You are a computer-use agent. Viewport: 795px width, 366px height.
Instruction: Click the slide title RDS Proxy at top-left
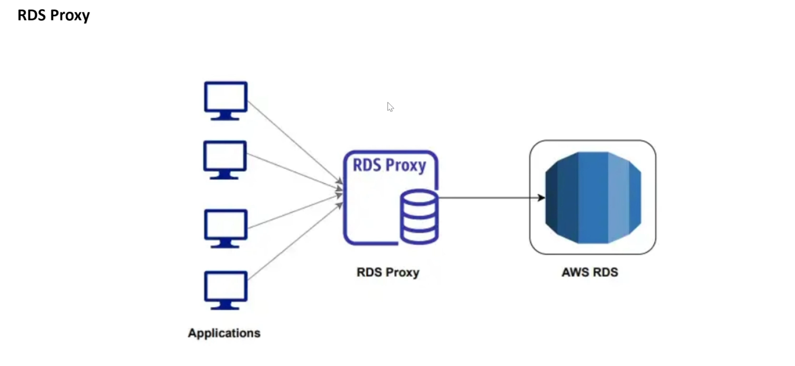coord(54,15)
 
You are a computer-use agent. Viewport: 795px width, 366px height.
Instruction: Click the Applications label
coord(224,333)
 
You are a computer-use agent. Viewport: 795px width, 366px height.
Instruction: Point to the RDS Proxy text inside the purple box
coord(389,166)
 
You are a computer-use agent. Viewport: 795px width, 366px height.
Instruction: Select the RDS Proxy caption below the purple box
coord(387,272)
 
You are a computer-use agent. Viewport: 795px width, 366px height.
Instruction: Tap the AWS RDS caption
coord(590,272)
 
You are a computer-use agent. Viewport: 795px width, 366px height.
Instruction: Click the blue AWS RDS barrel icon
coord(593,198)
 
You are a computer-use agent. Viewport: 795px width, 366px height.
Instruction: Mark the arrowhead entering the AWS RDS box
coord(541,198)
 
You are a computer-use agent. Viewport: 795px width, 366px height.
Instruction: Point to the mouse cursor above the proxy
coord(390,107)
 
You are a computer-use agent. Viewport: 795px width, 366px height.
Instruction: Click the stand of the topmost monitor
coord(225,116)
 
